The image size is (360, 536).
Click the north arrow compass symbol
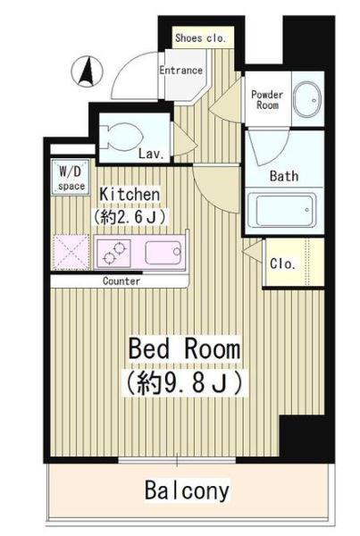[87, 71]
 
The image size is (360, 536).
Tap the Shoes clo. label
[200, 38]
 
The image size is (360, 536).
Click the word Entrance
[180, 70]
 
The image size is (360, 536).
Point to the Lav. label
[151, 154]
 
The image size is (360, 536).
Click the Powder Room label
[267, 99]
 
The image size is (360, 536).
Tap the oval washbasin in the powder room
[308, 99]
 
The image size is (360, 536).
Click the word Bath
[284, 176]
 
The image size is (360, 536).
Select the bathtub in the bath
[281, 210]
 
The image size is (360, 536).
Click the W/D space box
[71, 178]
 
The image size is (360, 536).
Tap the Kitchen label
[130, 195]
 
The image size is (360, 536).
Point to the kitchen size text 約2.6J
[130, 216]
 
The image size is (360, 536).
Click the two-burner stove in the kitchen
[113, 253]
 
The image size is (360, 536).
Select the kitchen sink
[163, 253]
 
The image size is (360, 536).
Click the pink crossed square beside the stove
[71, 252]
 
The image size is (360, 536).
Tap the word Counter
[121, 281]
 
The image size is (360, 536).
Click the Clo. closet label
[282, 264]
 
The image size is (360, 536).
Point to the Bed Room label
[185, 348]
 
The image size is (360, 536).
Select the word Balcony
[187, 490]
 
